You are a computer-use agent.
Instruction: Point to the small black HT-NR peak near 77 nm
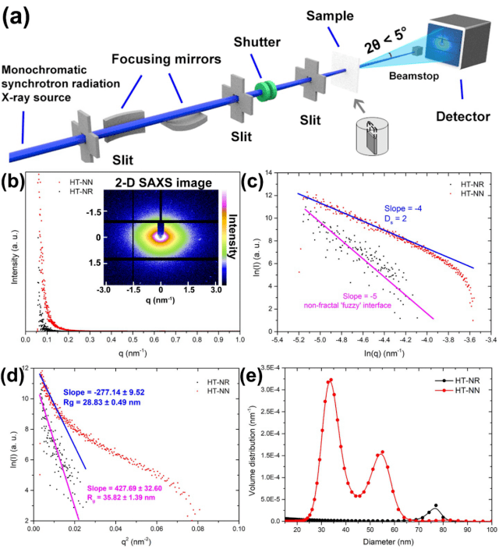pyautogui.click(x=435, y=505)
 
